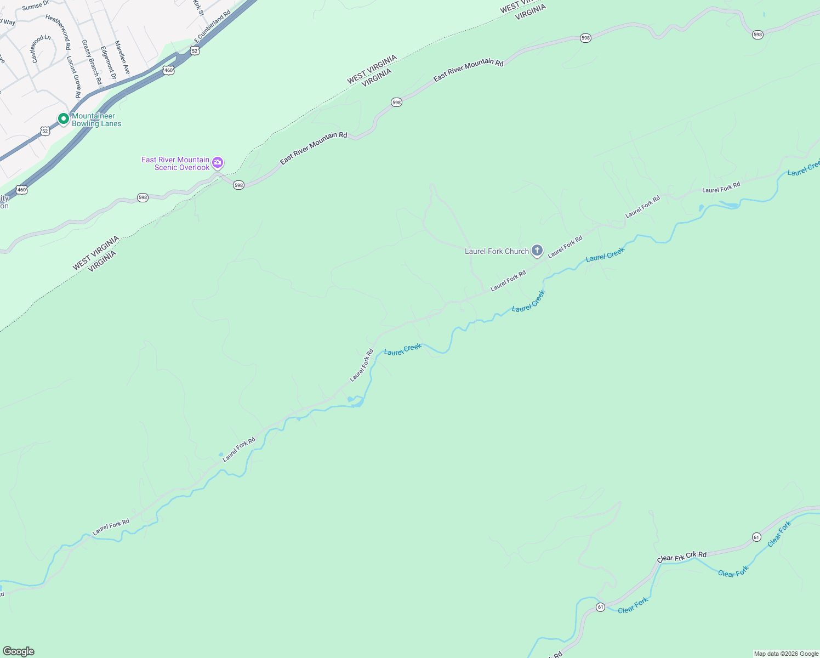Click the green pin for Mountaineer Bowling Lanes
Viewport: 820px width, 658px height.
pyautogui.click(x=64, y=118)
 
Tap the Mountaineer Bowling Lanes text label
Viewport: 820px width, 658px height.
pyautogui.click(x=96, y=120)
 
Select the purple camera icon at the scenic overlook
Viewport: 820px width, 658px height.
pyautogui.click(x=218, y=162)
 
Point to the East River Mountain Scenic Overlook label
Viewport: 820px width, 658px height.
pyautogui.click(x=175, y=163)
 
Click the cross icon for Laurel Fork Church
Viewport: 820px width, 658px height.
pyautogui.click(x=537, y=251)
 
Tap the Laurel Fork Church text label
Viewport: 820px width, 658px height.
pyautogui.click(x=497, y=251)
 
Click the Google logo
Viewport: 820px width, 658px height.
pyautogui.click(x=18, y=651)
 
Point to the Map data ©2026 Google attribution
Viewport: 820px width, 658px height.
pyautogui.click(x=786, y=654)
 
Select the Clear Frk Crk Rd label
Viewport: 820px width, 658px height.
pyautogui.click(x=682, y=557)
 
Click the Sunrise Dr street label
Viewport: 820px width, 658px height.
pyautogui.click(x=36, y=5)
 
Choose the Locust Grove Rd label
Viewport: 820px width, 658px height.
pyautogui.click(x=74, y=77)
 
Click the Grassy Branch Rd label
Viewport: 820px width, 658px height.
pyautogui.click(x=92, y=62)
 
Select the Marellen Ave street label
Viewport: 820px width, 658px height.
pyautogui.click(x=122, y=58)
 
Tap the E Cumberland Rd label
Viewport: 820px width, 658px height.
pyautogui.click(x=212, y=26)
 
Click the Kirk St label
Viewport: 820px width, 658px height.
pyautogui.click(x=198, y=7)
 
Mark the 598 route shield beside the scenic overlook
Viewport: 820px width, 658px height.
pyautogui.click(x=238, y=185)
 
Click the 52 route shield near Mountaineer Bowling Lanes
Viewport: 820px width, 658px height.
pyautogui.click(x=45, y=131)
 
